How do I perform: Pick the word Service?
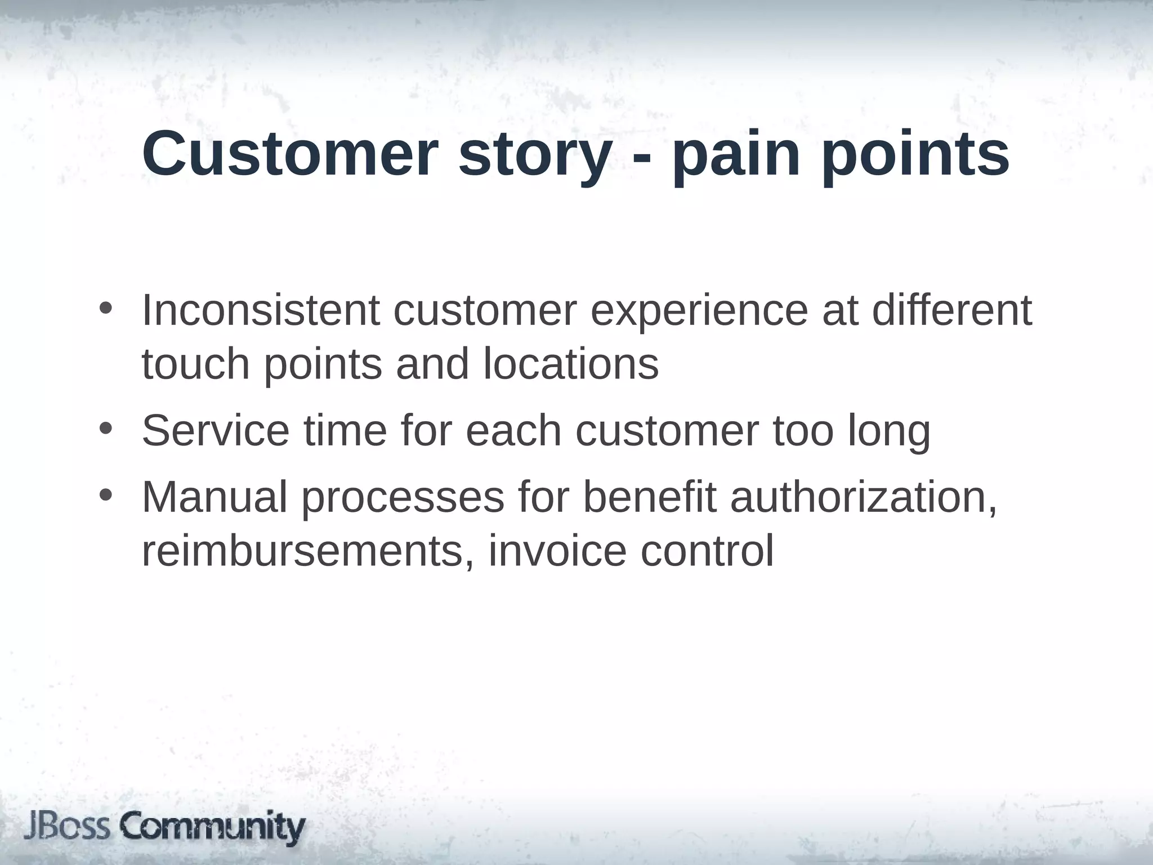[x=216, y=430]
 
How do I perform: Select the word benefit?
[x=649, y=497]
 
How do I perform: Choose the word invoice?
[x=557, y=551]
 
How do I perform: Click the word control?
[x=707, y=551]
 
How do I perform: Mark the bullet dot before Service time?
[x=105, y=430]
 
